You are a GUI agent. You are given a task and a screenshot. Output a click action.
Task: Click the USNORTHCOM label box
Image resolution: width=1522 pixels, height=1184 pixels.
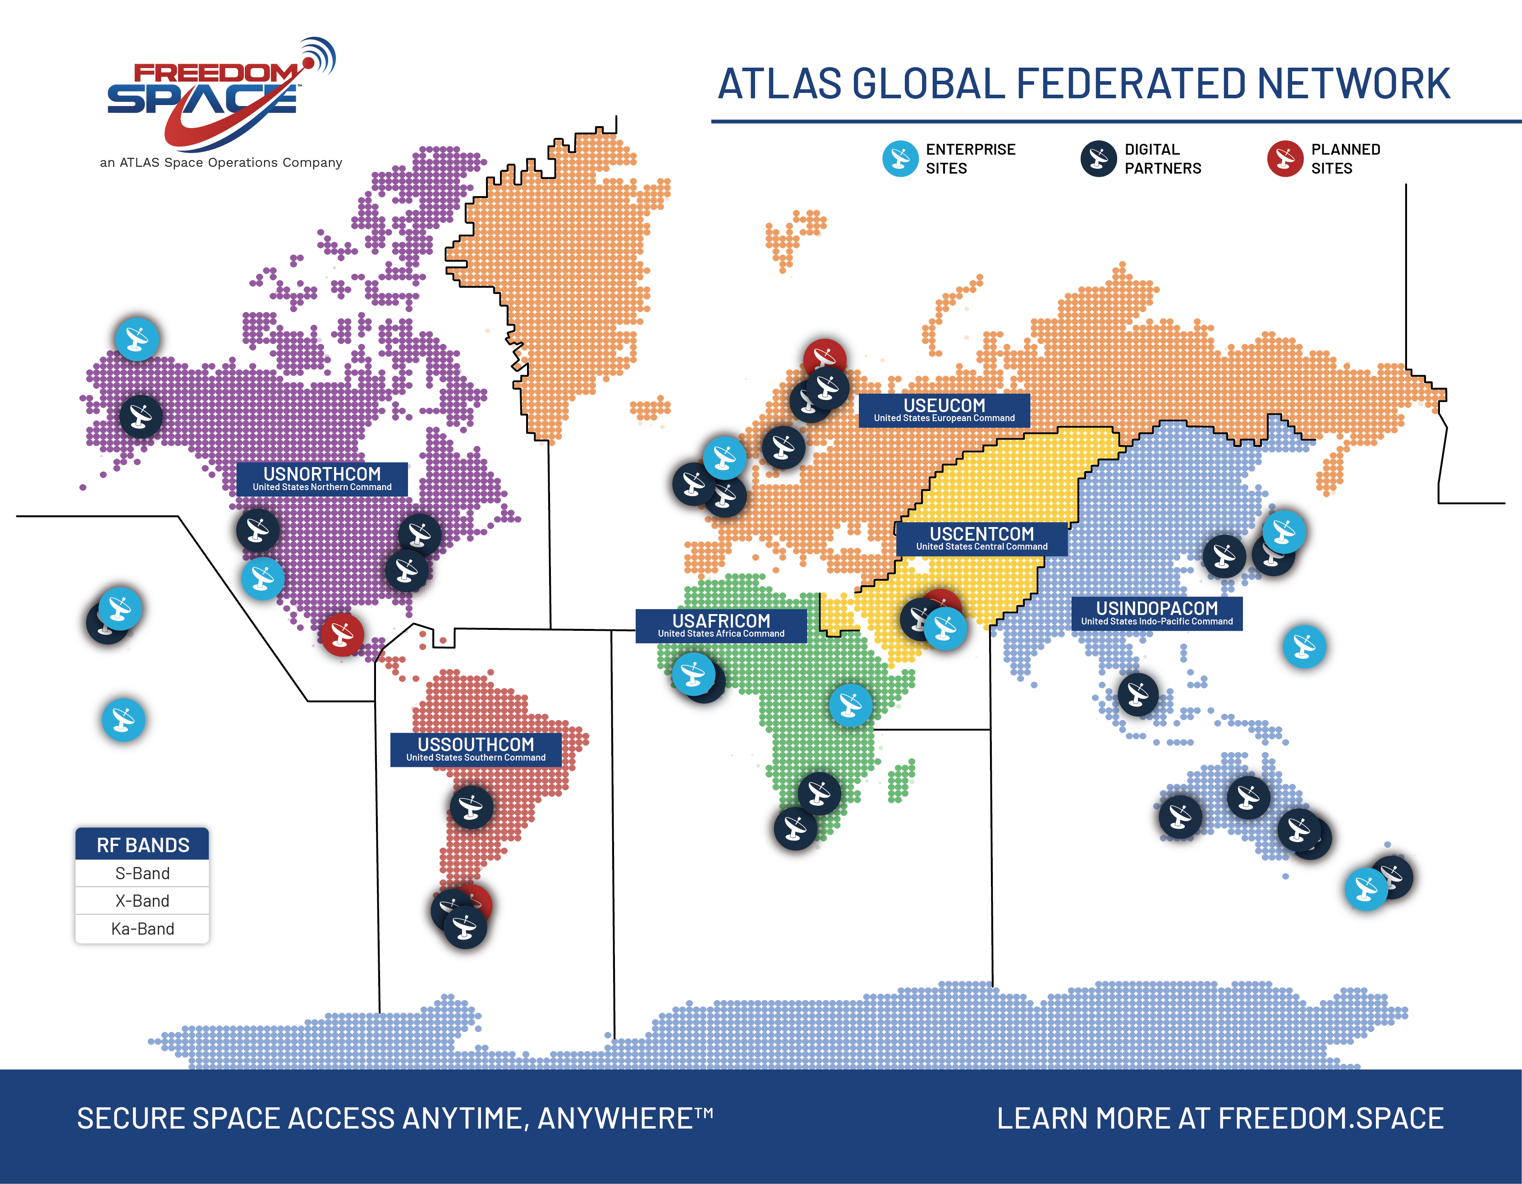point(322,479)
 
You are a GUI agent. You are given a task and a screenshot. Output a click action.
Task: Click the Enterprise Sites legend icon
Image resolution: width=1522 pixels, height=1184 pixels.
point(900,159)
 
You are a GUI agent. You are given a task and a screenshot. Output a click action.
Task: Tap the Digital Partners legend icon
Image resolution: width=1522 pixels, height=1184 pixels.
point(1098,159)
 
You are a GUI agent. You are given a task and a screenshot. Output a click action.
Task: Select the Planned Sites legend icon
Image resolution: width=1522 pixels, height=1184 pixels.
point(1285,159)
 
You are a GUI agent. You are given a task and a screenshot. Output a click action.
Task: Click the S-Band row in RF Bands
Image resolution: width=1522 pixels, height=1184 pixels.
point(142,873)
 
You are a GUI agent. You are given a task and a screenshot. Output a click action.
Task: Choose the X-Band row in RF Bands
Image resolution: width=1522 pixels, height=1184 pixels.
point(142,900)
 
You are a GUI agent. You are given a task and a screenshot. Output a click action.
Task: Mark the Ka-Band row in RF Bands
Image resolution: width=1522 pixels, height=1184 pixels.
point(142,928)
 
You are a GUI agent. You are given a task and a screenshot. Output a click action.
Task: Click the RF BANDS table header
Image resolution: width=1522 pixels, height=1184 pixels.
point(142,844)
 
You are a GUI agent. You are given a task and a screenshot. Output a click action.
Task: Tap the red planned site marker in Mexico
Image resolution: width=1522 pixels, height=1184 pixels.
point(341,635)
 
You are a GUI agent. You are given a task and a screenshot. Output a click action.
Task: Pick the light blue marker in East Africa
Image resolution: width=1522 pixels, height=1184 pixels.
point(850,705)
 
